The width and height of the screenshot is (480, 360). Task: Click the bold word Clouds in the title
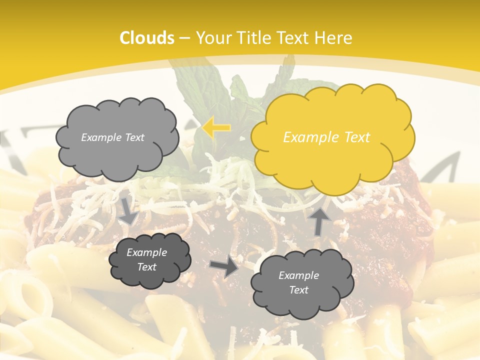coord(147,38)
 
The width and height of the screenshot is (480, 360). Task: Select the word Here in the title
coord(334,38)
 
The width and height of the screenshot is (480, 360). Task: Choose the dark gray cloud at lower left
coord(149,260)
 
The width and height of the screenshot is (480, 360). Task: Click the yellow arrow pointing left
coord(216,128)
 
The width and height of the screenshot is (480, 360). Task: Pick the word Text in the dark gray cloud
coord(147,267)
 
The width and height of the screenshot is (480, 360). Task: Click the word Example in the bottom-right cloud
coord(298,275)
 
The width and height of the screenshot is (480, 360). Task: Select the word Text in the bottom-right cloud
coord(298,290)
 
